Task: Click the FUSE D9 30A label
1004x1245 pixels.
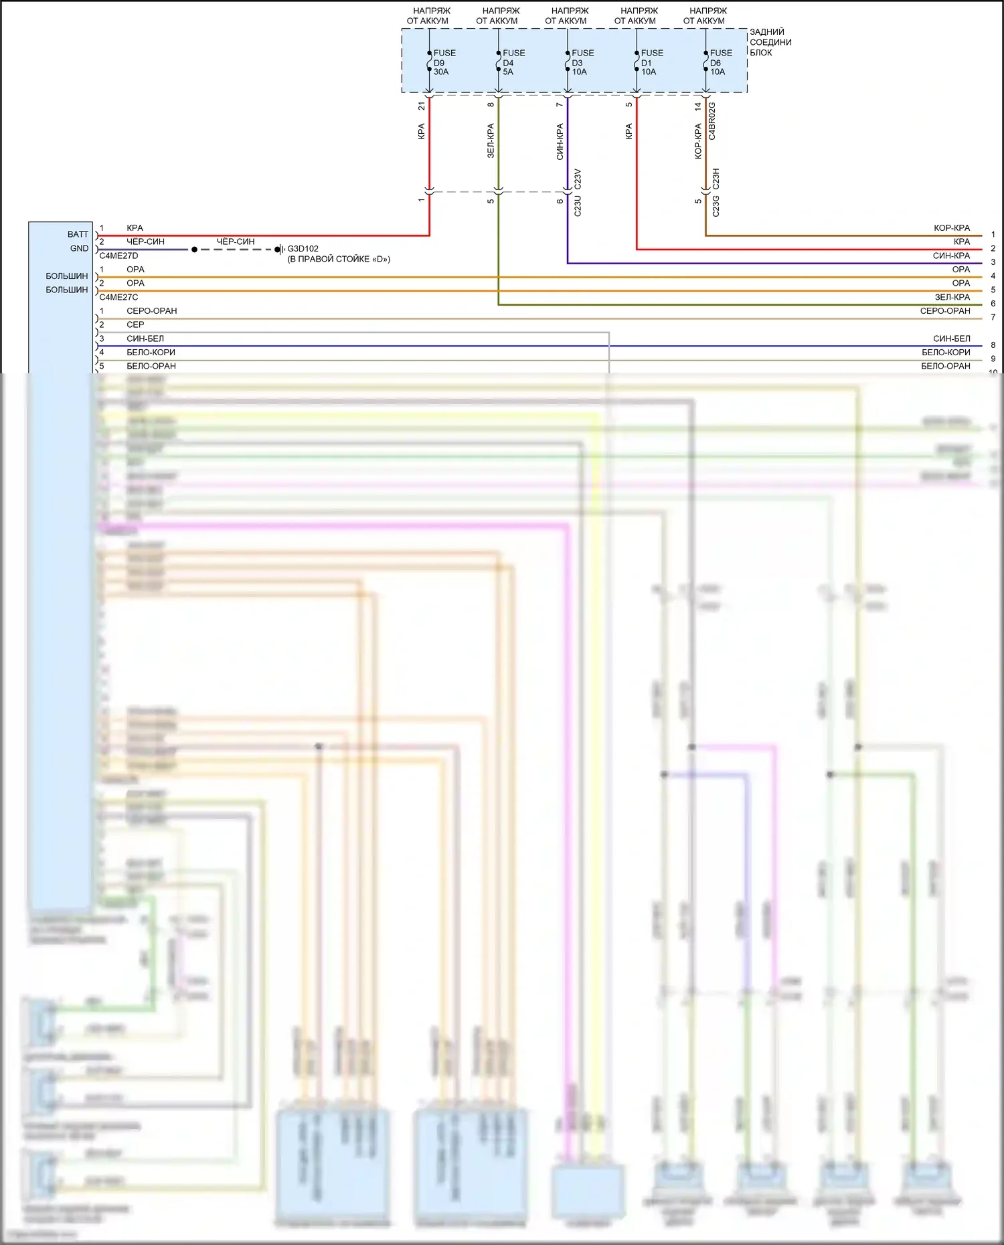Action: coord(443,62)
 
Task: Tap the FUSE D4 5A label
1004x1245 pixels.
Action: coord(513,62)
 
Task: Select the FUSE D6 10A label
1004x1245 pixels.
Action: coord(720,62)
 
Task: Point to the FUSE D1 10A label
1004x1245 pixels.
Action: coord(651,62)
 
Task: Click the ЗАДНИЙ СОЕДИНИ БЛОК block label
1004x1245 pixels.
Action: coord(770,42)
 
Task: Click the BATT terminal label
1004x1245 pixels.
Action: coord(78,234)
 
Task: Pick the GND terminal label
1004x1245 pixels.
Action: coord(79,248)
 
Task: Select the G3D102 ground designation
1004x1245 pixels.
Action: coord(303,249)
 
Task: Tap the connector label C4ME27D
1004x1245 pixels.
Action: coord(118,256)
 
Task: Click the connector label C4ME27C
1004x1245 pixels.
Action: coord(118,297)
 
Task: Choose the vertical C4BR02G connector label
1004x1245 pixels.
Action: coord(712,120)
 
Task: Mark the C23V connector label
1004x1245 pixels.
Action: coord(578,179)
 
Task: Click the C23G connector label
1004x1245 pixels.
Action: coord(716,206)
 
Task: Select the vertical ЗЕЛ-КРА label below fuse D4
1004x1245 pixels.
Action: coord(491,140)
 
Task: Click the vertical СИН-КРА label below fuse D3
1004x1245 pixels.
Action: coord(560,141)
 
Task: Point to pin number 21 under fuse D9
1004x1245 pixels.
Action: coord(421,106)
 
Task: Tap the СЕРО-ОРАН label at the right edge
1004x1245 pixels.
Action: coord(944,310)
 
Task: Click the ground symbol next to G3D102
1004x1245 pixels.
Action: coord(282,250)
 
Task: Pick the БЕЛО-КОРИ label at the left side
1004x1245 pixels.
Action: coord(151,352)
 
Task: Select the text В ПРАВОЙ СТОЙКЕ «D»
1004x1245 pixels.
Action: coord(339,259)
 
